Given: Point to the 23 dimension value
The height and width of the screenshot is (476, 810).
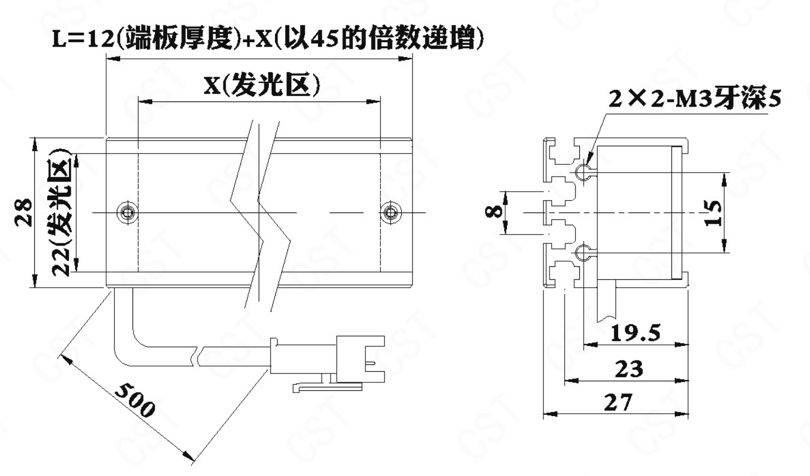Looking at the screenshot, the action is point(629,369).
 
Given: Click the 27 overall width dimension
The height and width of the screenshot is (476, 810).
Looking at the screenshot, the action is point(619,403).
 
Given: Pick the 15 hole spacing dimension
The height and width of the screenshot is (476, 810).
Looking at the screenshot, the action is point(713,212).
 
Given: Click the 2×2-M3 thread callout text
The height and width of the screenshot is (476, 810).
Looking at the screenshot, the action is point(695,99).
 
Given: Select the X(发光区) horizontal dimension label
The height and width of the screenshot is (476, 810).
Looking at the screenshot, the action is point(262,86).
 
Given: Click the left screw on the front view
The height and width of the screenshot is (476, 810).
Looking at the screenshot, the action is point(127,212).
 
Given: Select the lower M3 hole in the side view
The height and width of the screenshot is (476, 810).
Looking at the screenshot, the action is point(583,252).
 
